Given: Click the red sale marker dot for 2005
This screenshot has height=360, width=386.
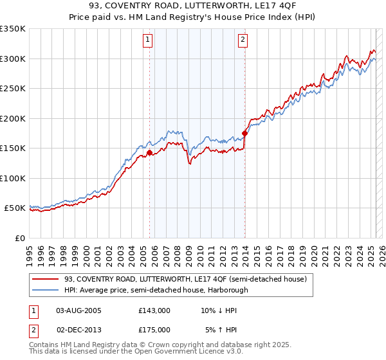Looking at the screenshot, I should pyautogui.click(x=149, y=153).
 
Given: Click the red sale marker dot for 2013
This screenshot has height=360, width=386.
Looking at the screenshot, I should pyautogui.click(x=244, y=134).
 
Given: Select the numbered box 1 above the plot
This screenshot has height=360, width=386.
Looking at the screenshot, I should pyautogui.click(x=148, y=40).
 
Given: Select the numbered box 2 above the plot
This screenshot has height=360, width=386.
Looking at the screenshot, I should pyautogui.click(x=243, y=40).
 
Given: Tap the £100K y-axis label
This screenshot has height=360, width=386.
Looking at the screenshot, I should pyautogui.click(x=13, y=178).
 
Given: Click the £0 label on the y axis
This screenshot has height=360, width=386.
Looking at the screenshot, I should pyautogui.click(x=19, y=238).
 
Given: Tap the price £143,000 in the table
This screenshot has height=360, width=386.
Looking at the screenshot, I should pyautogui.click(x=154, y=310).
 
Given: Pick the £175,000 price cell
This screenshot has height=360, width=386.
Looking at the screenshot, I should pyautogui.click(x=154, y=329).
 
